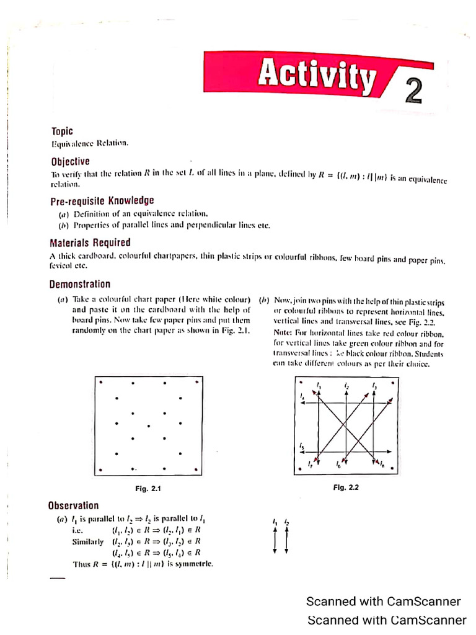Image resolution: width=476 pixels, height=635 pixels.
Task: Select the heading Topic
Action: click(62, 131)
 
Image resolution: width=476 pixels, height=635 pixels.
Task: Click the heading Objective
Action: click(70, 161)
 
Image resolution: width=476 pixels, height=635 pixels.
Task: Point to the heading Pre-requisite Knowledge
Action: click(102, 201)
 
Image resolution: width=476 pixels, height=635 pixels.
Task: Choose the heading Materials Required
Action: click(90, 242)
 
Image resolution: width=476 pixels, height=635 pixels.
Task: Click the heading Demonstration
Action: click(80, 285)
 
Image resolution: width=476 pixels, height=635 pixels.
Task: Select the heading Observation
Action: click(73, 505)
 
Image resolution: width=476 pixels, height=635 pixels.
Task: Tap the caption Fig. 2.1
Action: click(148, 489)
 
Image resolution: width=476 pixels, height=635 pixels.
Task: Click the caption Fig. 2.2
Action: click(346, 487)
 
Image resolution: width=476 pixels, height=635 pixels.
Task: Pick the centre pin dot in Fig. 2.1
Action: click(148, 426)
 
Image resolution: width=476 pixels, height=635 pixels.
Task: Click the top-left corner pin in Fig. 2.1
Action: click(100, 383)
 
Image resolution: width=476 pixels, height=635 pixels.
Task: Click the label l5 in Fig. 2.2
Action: click(301, 446)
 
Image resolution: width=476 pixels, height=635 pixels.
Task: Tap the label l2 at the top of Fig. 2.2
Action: click(347, 386)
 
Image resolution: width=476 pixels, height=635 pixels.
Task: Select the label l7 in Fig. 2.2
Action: click(310, 464)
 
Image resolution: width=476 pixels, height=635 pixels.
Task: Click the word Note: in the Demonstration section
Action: click(283, 332)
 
